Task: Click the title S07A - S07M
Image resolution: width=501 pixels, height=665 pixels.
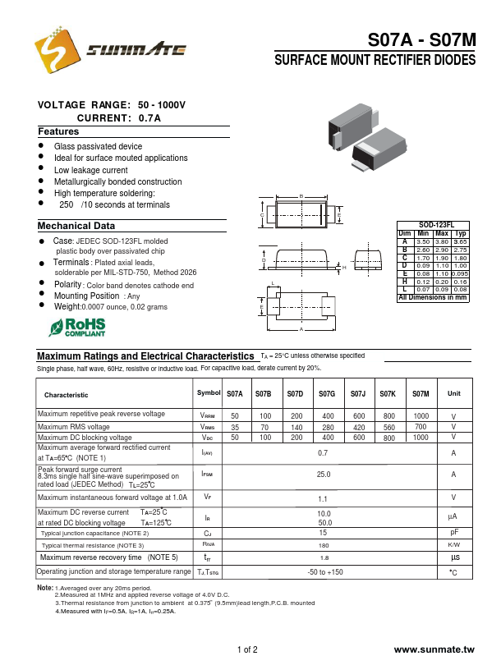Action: tap(421, 41)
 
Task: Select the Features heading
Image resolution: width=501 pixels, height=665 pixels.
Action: tap(58, 131)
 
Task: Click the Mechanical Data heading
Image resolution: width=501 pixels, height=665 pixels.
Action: tap(76, 226)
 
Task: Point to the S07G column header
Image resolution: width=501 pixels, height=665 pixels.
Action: tap(327, 394)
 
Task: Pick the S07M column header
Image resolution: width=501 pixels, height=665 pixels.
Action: tap(421, 394)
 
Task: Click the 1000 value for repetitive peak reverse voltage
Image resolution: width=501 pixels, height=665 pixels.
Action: tap(421, 416)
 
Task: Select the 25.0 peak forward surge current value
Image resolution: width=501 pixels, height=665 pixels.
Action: tap(324, 474)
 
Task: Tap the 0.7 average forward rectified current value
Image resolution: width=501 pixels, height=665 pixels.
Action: tap(323, 452)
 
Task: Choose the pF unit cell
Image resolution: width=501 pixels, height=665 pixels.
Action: tap(453, 533)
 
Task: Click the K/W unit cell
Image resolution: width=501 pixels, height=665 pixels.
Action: tap(453, 545)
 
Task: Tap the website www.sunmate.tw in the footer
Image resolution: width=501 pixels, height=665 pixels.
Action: tap(434, 649)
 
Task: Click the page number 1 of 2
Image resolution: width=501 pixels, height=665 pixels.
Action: tap(247, 649)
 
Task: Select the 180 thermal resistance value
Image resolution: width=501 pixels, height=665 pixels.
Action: tap(324, 545)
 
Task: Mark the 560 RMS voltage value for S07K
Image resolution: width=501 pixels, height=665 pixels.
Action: tap(388, 428)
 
